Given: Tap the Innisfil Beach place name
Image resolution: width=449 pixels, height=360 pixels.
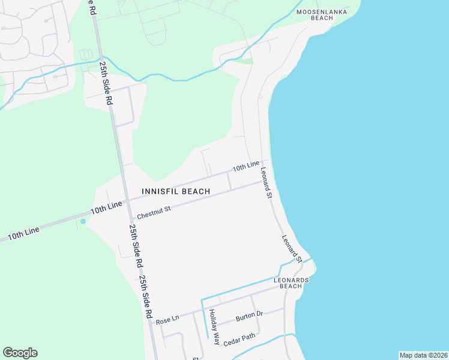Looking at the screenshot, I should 176,191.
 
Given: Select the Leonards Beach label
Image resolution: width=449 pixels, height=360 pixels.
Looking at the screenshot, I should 291,283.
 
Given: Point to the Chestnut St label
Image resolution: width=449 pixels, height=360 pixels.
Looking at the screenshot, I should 154,212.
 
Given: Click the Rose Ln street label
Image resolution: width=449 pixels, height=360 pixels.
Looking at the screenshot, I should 167,321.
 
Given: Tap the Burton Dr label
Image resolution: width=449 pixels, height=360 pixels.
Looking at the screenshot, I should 249,315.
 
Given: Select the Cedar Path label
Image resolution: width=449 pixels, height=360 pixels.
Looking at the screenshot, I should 240,340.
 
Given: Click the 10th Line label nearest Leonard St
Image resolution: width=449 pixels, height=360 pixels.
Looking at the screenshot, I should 246,166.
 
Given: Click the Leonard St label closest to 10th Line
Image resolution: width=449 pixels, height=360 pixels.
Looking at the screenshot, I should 267,183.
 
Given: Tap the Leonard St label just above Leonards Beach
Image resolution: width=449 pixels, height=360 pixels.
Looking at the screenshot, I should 292,248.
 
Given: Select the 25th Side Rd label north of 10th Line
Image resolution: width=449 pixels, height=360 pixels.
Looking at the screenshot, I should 106,82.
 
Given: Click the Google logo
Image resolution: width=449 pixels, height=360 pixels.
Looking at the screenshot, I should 20,353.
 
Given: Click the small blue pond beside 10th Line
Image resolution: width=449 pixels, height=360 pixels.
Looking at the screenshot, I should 83,221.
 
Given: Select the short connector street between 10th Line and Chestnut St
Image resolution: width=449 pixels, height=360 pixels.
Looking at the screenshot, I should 229,181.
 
